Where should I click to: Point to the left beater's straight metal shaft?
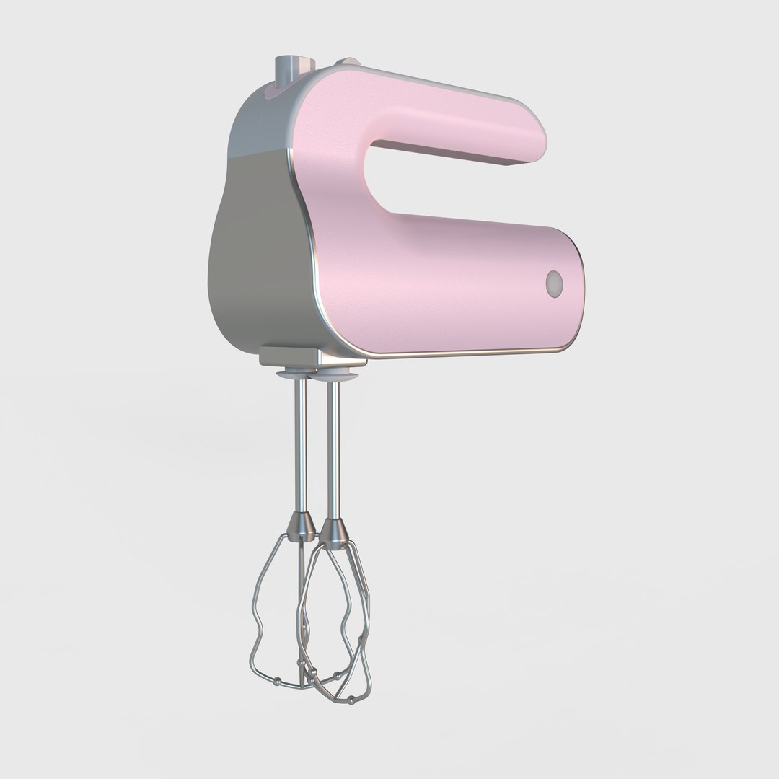299,447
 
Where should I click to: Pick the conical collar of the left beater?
299,525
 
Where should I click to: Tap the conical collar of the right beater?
334,532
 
